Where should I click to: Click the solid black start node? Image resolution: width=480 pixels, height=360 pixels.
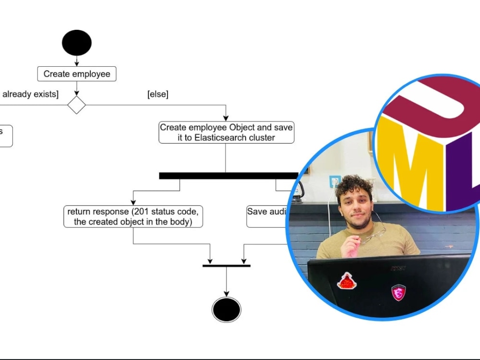pos(77,43)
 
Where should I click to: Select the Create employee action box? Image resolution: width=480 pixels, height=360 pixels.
pos(77,74)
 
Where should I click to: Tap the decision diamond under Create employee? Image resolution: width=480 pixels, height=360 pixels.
pos(76,105)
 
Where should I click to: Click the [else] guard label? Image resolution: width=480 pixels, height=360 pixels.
pos(158,95)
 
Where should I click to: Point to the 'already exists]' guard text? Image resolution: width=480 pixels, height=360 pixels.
pos(30,95)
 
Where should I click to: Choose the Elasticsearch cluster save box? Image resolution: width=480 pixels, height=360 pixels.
pos(226,132)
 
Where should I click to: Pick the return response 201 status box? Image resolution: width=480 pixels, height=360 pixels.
pos(133,216)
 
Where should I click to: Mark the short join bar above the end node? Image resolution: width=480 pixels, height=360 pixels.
pos(226,265)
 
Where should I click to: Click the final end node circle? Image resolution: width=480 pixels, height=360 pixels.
pos(227,310)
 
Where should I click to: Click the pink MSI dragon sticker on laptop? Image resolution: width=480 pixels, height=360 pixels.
pos(398,292)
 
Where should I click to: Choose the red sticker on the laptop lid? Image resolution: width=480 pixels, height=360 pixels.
pos(347,281)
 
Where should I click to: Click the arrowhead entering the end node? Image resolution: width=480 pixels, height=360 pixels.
pos(227,293)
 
